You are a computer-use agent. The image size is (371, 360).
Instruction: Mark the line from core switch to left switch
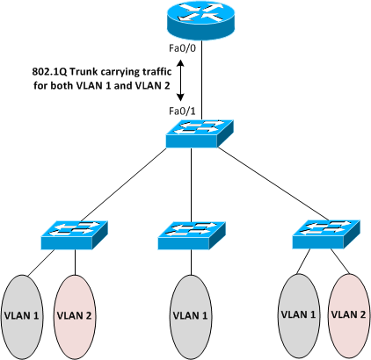(x=123, y=185)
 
